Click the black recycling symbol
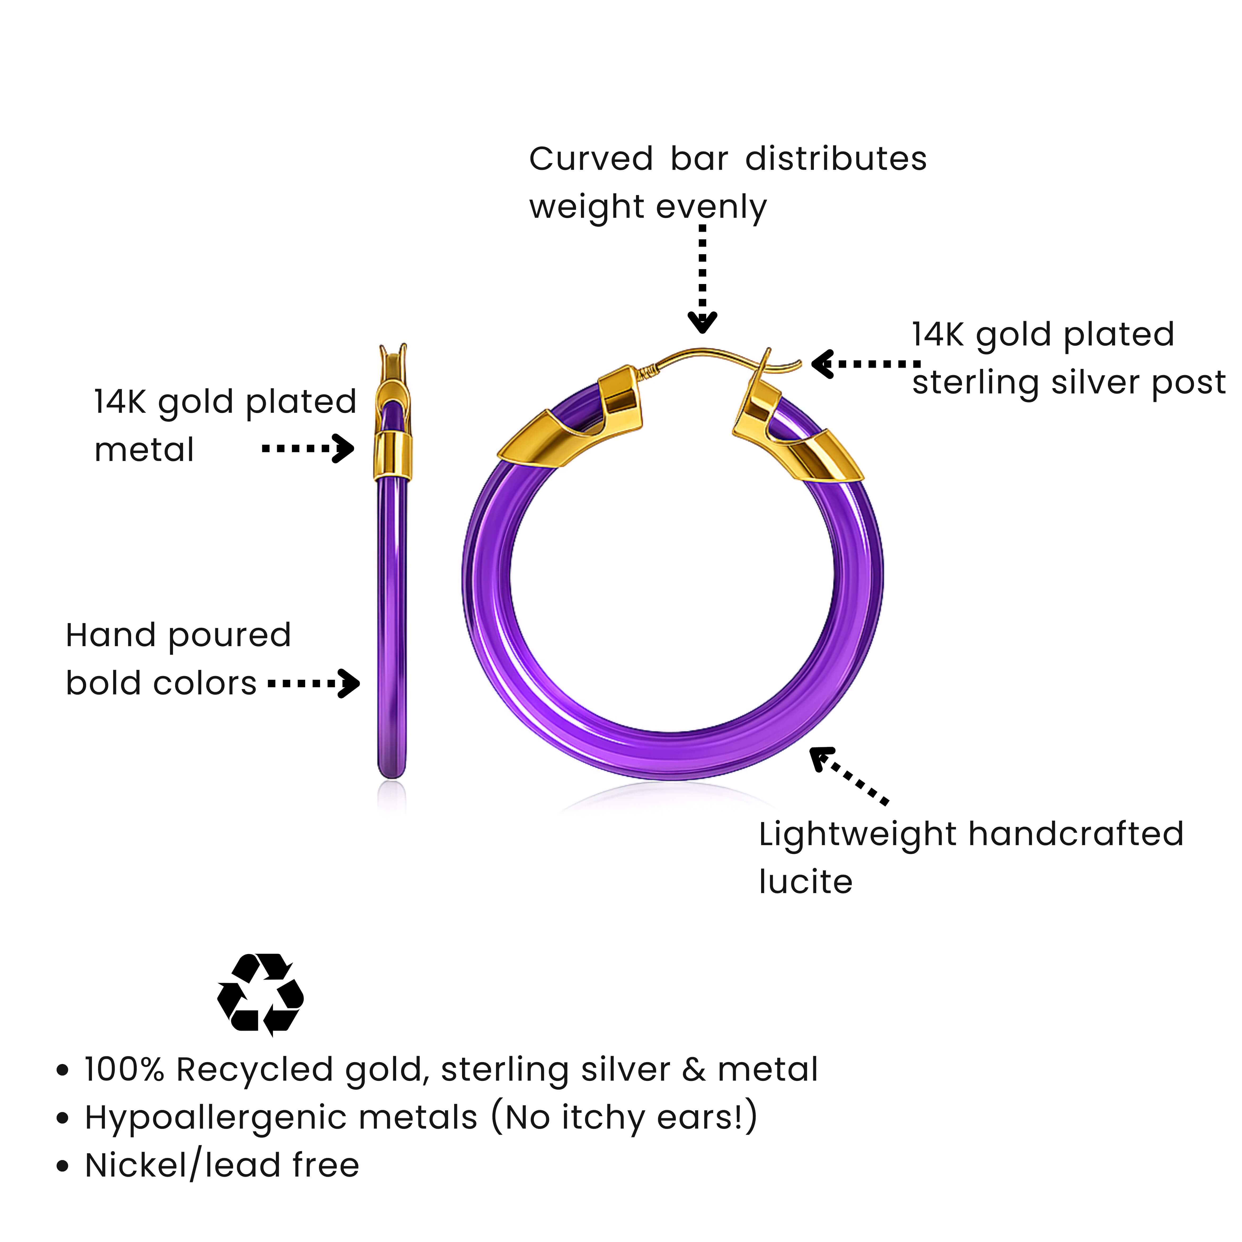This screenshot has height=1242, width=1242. [260, 994]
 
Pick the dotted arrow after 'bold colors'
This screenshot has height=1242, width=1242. [313, 683]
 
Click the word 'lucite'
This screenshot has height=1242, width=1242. [805, 882]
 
